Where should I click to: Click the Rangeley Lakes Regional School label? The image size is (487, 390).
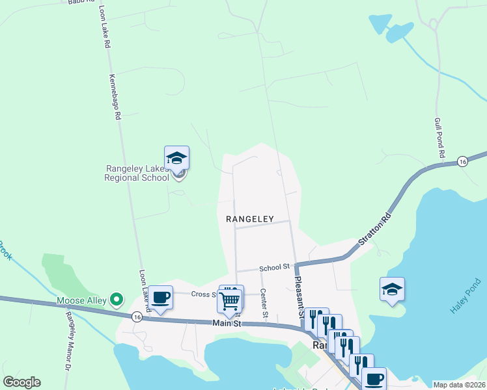click(x=137, y=172)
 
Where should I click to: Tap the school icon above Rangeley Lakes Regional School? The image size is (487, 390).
click(x=176, y=158)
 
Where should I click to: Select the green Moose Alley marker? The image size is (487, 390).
click(x=117, y=300)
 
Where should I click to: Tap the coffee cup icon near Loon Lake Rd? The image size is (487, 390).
click(x=161, y=298)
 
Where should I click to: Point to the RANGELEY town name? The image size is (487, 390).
click(x=249, y=219)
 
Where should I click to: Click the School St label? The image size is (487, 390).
click(x=274, y=267)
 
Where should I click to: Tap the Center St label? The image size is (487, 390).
click(x=264, y=304)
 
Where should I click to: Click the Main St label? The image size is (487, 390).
click(x=227, y=323)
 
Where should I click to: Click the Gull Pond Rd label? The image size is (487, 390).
click(x=439, y=138)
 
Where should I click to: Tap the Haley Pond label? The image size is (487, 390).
click(x=465, y=296)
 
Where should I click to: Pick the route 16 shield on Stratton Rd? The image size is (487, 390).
click(x=462, y=161)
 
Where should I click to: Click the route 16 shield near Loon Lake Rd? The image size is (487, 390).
click(x=136, y=316)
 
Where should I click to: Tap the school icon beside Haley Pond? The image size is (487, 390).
click(x=393, y=289)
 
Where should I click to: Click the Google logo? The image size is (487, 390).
click(x=21, y=382)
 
